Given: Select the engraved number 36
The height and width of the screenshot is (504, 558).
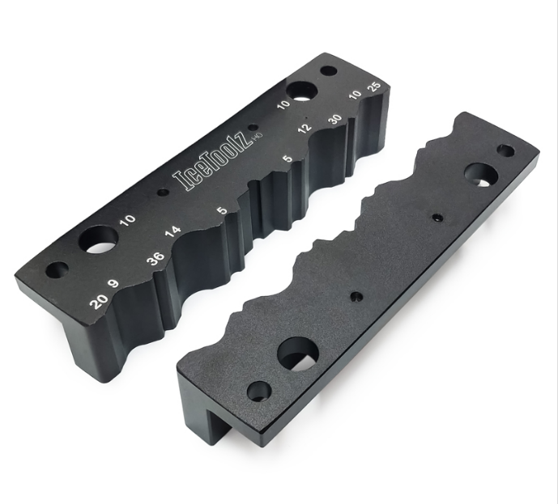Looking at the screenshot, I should click(x=156, y=260).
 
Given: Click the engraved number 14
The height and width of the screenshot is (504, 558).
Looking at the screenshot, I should click(x=173, y=231).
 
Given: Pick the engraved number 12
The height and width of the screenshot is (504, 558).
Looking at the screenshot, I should click(x=304, y=127).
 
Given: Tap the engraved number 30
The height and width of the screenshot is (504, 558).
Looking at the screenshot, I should click(x=334, y=118).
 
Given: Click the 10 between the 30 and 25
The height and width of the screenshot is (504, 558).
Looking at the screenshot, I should click(x=355, y=100).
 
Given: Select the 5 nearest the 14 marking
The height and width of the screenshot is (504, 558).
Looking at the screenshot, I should click(x=222, y=211).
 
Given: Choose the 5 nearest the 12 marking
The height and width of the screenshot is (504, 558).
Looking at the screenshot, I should click(x=288, y=159).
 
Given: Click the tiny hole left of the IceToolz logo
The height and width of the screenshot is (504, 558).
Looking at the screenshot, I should click(x=163, y=193).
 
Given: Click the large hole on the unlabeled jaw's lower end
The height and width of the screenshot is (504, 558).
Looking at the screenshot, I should click(x=297, y=353).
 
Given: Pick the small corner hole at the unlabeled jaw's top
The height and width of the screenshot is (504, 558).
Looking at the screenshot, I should click(x=505, y=150).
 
